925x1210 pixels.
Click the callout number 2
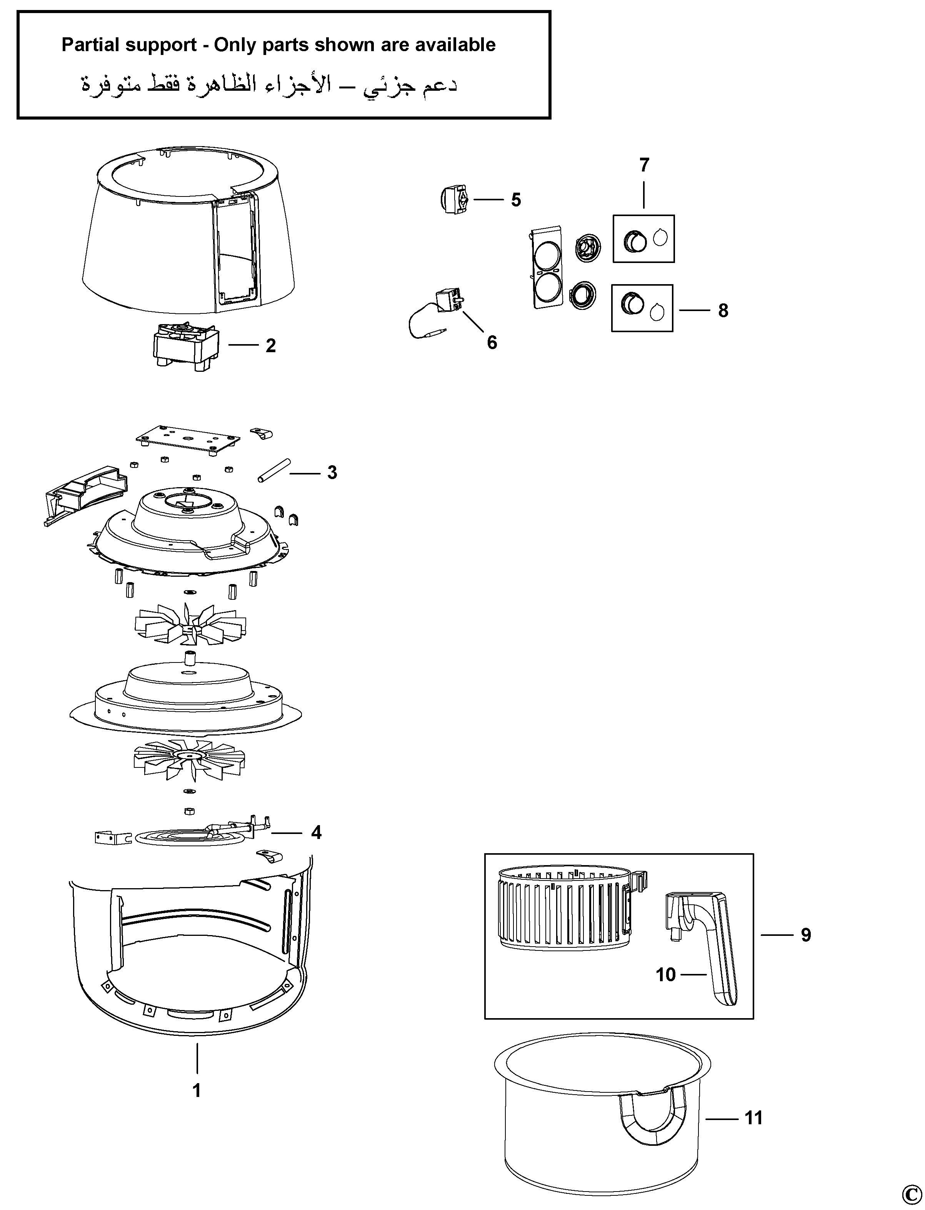pos(270,346)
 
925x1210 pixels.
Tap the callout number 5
pos(515,200)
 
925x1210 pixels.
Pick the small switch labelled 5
pos(455,199)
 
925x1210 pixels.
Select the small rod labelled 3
pos(273,470)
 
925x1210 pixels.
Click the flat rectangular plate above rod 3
pos(188,439)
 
